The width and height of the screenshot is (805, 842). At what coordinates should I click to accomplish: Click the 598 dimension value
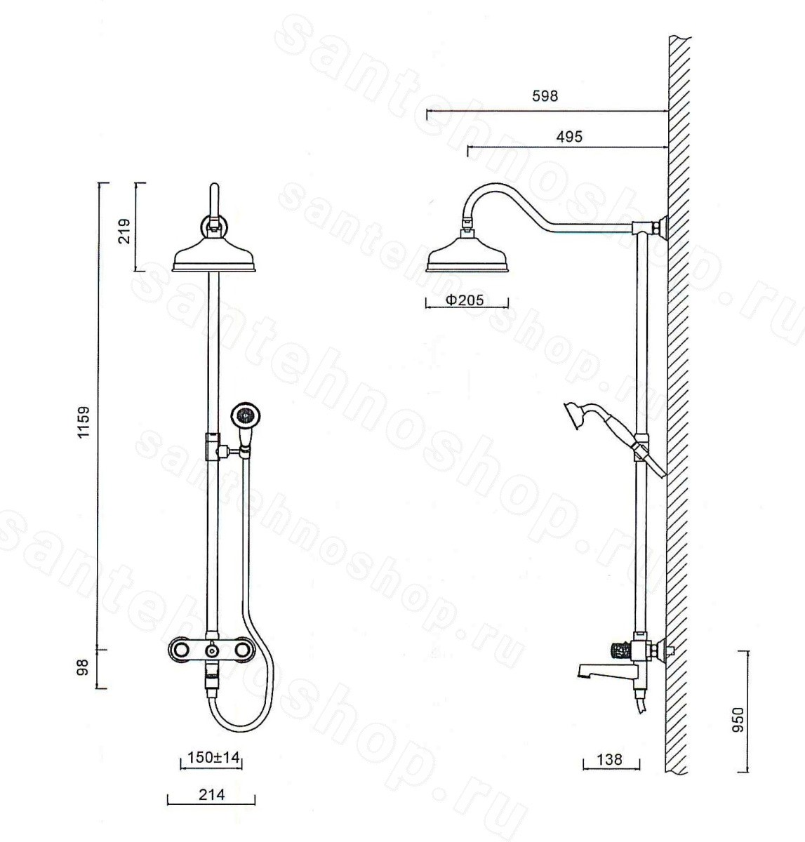pos(545,96)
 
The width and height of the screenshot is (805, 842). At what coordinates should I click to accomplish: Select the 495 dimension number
pos(569,137)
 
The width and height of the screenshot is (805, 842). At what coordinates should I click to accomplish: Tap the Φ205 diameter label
pos(465,300)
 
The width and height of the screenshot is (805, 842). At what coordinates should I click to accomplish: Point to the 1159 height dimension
pos(83,422)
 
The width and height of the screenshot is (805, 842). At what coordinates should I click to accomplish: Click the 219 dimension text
pos(124,232)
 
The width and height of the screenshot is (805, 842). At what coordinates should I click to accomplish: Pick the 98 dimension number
pos(82,667)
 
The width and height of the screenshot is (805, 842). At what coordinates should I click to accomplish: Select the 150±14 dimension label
pos(213,757)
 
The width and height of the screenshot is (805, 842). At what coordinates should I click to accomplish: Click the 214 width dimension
pos(212,794)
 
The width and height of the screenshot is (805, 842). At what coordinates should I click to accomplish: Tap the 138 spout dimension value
pos(610,759)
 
